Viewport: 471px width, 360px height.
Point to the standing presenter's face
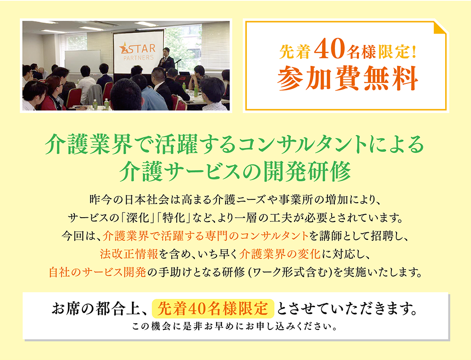coord(165,51)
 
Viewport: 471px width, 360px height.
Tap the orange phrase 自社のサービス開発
coord(101,272)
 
